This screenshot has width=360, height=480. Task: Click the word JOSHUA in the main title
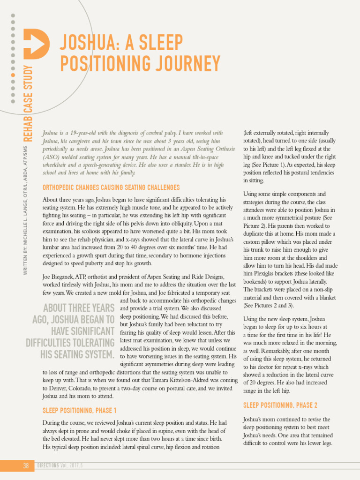click(88, 43)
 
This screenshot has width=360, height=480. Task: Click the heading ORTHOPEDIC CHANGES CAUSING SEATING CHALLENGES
click(111, 187)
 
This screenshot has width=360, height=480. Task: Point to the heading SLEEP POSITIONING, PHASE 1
click(80, 411)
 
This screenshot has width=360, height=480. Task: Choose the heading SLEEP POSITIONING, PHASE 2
click(280, 405)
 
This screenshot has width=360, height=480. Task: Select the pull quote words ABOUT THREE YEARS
click(79, 308)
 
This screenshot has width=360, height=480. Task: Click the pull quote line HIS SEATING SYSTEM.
click(77, 354)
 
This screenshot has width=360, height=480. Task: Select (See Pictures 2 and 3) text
click(269, 306)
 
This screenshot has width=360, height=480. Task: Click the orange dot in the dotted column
click(13, 75)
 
